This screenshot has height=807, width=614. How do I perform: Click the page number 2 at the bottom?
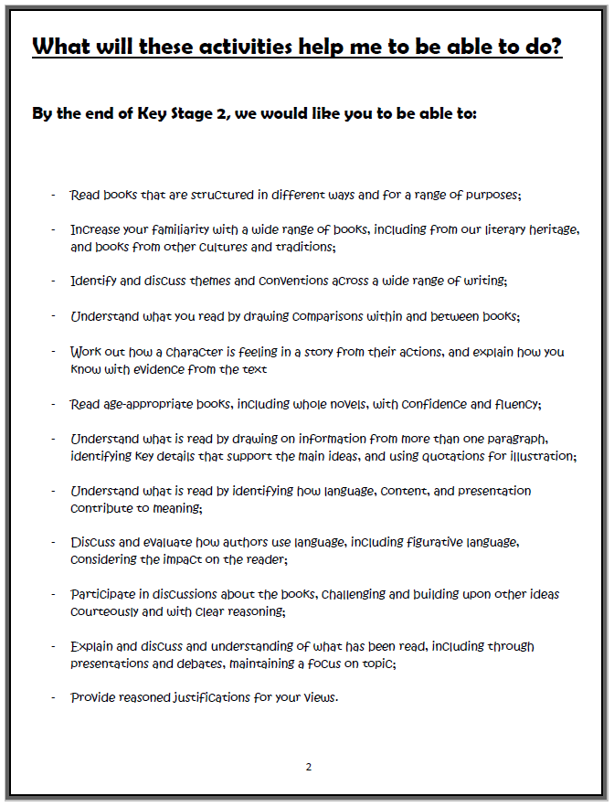coord(308,767)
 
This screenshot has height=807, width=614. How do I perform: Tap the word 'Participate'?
coord(103,594)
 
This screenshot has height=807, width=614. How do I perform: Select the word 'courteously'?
coord(107,611)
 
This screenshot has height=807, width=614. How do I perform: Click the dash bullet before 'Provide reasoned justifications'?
coord(53,698)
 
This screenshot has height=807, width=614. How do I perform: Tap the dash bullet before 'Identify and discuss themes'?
coord(53,281)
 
